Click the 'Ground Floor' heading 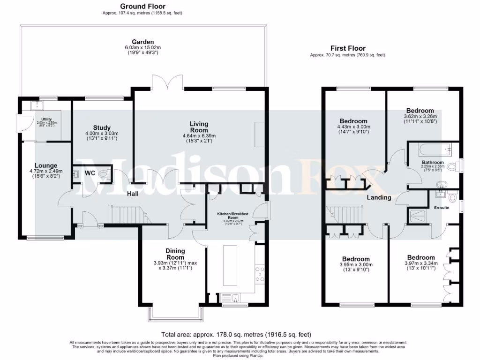pyautogui.click(x=142, y=6)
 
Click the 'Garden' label pyautogui.click(x=142, y=42)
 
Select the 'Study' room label pyautogui.click(x=102, y=127)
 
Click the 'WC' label pyautogui.click(x=90, y=173)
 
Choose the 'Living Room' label pyautogui.click(x=199, y=127)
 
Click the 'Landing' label pyautogui.click(x=379, y=197)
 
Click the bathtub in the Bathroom pyautogui.click(x=431, y=150)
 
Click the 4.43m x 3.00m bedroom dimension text pyautogui.click(x=354, y=127)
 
